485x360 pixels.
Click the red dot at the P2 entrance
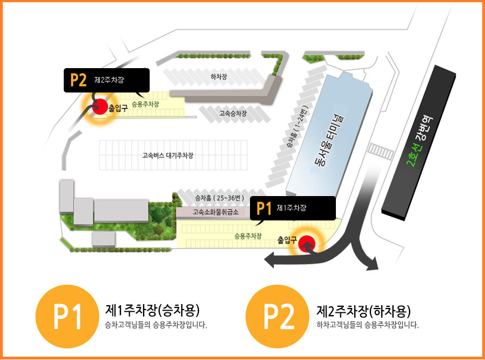click(99, 106)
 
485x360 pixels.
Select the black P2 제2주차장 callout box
click(106, 80)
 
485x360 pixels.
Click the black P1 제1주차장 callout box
click(293, 208)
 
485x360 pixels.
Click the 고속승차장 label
click(233, 114)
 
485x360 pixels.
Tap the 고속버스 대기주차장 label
click(167, 156)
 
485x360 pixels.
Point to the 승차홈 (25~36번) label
click(219, 198)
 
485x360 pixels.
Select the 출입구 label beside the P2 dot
click(118, 108)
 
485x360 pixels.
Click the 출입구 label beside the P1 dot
click(288, 240)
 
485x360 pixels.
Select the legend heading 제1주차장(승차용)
click(152, 310)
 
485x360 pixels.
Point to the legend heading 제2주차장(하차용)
click(364, 310)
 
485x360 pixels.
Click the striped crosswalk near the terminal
click(381, 151)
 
